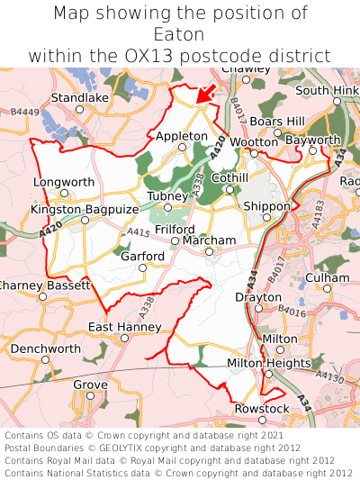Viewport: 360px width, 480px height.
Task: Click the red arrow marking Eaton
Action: (206, 93)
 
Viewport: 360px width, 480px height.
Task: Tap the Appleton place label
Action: (182, 136)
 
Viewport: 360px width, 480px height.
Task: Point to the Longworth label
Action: (64, 182)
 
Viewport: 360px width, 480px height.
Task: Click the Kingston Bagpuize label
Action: (85, 209)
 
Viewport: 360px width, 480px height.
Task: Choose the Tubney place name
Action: (166, 196)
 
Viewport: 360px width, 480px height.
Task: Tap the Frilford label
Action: (175, 230)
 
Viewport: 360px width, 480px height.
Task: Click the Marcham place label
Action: (209, 240)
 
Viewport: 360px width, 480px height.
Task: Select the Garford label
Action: (143, 256)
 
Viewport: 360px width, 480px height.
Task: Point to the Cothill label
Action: (229, 178)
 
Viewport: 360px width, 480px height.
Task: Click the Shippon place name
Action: (266, 205)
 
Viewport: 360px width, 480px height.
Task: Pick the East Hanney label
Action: (125, 326)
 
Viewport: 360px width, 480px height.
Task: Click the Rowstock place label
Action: (262, 409)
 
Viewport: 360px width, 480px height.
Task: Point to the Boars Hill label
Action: (277, 121)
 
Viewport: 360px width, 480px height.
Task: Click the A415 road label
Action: (139, 232)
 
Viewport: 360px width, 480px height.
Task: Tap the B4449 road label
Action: (25, 112)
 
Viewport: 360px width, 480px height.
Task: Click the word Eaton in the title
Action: (180, 34)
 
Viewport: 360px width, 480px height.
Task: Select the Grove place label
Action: (90, 385)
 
